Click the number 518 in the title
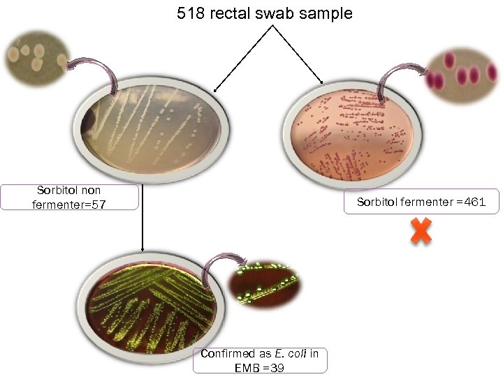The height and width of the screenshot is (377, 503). tap(192, 14)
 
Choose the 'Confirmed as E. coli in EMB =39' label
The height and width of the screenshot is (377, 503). tap(259, 360)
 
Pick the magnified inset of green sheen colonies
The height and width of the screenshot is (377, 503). tap(265, 283)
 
